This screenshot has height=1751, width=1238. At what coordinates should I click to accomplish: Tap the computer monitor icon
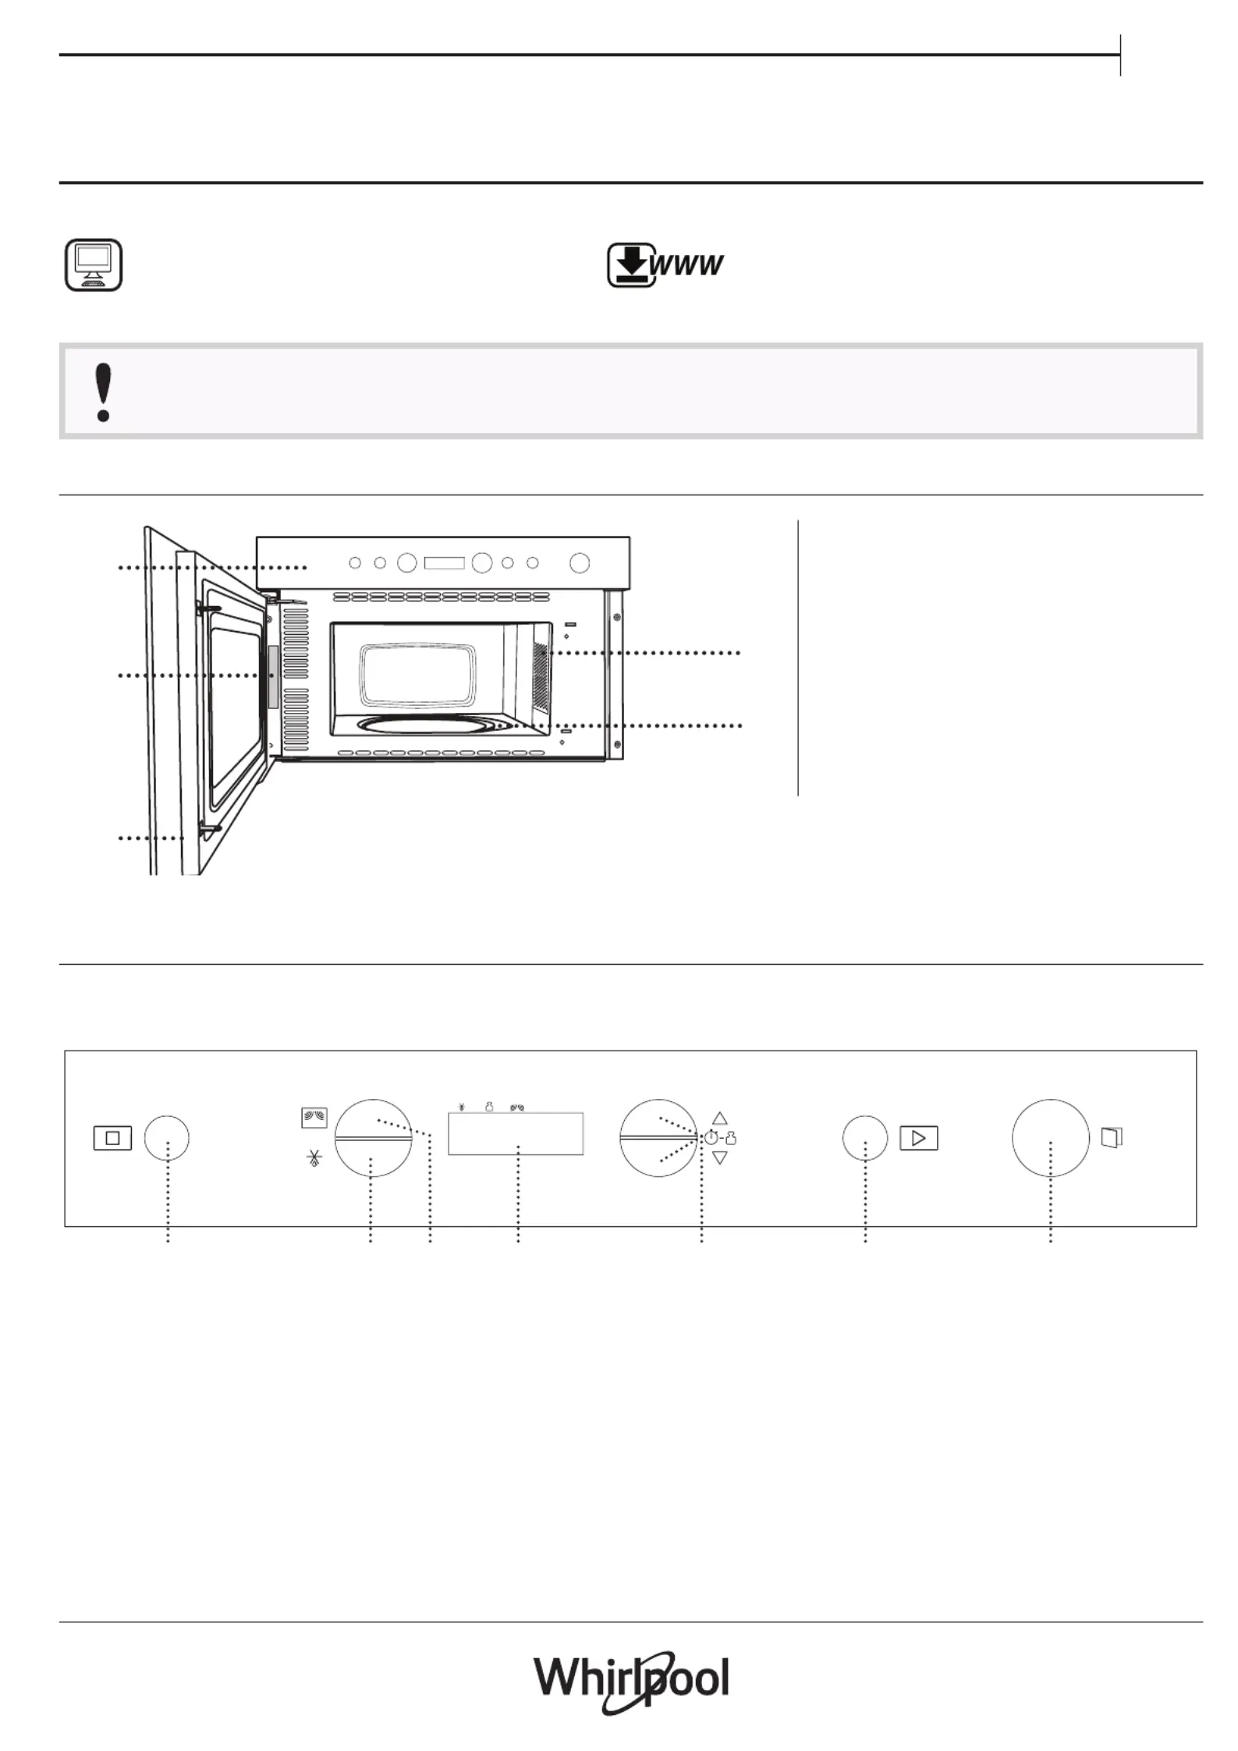93,265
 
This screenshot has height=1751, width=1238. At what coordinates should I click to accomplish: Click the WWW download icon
665,265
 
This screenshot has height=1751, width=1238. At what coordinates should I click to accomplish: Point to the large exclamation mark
103,392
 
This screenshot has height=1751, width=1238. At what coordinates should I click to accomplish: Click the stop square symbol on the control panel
112,1138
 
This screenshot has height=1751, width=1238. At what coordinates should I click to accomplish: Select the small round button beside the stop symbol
167,1138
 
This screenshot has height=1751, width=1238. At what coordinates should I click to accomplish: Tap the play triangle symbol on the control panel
919,1139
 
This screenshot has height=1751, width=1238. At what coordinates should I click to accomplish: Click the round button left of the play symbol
865,1138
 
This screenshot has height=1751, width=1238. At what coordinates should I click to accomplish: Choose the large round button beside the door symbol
1051,1138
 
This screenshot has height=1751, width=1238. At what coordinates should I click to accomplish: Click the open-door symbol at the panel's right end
1112,1137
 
